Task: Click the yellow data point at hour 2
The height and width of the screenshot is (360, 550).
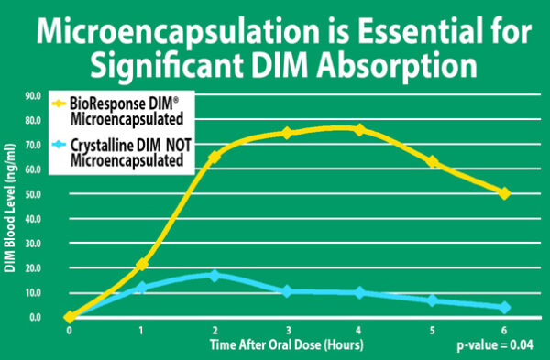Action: pos(214,157)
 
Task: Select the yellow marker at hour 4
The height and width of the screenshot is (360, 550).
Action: pos(359,130)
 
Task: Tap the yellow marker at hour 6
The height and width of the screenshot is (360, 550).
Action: pos(504,193)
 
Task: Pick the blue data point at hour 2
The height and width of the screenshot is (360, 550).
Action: pos(214,275)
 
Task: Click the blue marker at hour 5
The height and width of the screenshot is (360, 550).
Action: pos(432,300)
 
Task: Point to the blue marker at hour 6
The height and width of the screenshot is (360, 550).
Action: pos(504,308)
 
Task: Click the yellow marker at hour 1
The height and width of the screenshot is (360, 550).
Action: pos(141,265)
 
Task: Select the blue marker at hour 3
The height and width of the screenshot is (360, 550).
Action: pos(287,291)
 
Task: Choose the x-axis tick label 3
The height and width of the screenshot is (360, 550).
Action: pos(287,330)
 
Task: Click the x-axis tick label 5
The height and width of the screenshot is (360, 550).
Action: pos(432,330)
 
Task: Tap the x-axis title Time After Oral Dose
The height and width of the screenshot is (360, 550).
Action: pos(286,344)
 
